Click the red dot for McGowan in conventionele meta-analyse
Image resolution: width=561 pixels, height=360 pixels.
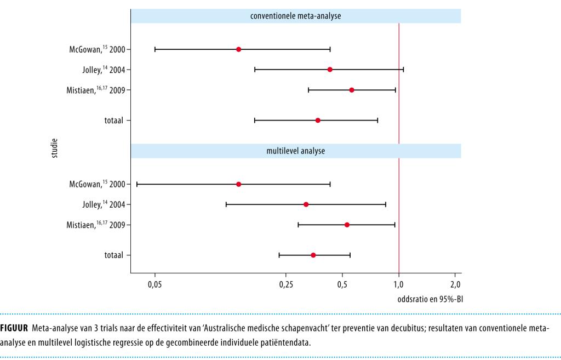pos(238,49)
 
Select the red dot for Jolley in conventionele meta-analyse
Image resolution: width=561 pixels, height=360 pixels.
pos(330,70)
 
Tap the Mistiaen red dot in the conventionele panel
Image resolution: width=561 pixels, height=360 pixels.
pos(352,90)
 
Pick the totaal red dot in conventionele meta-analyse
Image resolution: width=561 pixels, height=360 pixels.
pos(318,120)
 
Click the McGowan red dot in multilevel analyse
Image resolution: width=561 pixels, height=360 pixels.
pos(238,184)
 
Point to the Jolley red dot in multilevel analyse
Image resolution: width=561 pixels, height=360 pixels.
pos(306,204)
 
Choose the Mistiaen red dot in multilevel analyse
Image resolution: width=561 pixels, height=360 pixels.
pos(347,225)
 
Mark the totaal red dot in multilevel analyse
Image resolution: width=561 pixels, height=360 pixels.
pos(313,255)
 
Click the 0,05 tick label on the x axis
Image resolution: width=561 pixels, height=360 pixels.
pos(155,284)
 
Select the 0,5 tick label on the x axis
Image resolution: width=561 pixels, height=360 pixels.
pos(342,284)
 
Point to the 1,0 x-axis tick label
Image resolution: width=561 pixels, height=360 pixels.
pos(399,284)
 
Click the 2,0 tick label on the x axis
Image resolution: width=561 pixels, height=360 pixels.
pos(455,284)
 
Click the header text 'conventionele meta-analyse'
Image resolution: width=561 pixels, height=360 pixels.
pos(296,16)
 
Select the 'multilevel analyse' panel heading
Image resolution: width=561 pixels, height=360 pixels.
pos(296,151)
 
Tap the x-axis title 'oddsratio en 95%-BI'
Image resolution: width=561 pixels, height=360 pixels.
pos(430,299)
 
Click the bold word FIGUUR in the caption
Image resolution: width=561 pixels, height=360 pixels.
pos(14,328)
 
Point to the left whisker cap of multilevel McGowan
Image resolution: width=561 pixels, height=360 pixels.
pos(137,184)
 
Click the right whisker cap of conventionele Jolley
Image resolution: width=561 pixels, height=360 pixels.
pos(403,70)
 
